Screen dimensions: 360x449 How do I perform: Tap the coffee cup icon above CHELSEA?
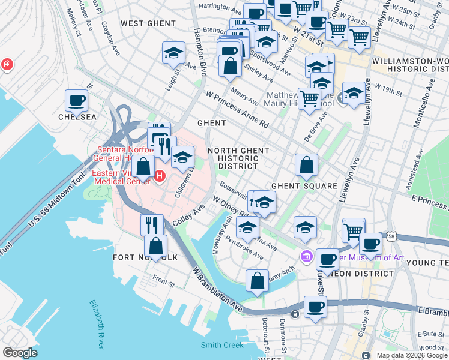click(76, 101)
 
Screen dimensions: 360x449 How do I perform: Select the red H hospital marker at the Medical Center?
click(160, 176)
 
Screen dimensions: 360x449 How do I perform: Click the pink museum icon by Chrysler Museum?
click(307, 257)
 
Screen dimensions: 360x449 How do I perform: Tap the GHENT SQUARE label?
click(304, 186)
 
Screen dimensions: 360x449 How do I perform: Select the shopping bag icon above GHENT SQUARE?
click(306, 164)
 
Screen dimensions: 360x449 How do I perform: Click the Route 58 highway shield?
click(391, 221)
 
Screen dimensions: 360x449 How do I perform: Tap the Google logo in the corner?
click(20, 353)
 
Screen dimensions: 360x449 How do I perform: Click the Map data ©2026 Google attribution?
click(411, 355)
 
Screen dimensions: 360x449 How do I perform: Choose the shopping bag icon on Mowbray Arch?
click(257, 280)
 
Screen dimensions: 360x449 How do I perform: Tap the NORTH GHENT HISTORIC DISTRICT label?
click(234, 158)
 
